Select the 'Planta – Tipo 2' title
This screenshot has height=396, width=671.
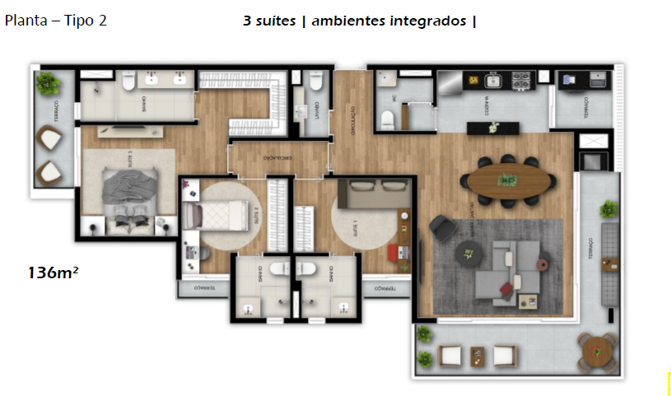pyautogui.click(x=56, y=21)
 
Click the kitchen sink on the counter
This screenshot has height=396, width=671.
pyautogui.click(x=495, y=81)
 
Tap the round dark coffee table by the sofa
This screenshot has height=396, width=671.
pyautogui.click(x=471, y=255)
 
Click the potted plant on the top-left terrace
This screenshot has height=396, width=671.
pyautogui.click(x=49, y=83)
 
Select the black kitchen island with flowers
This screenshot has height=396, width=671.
pyautogui.click(x=493, y=128)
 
